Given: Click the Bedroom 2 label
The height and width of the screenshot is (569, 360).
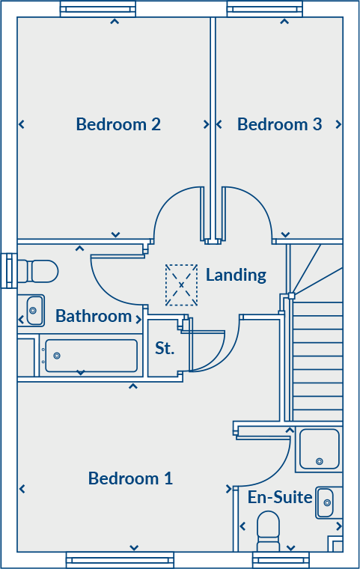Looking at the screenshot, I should click(118, 124).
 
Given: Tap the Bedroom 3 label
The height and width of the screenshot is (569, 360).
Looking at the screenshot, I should click(279, 124).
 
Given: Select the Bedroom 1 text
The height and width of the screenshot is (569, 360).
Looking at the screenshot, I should click(130, 478).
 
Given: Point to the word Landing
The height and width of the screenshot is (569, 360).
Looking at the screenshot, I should click(236, 275).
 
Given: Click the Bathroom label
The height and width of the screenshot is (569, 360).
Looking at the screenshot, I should click(94, 316).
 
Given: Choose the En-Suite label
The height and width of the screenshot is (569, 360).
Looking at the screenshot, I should click(280, 497).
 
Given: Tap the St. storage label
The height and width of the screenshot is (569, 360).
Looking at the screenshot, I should click(165, 348).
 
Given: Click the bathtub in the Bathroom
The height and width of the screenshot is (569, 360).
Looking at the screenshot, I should click(91, 356).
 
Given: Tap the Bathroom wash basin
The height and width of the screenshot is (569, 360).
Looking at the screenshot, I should click(34, 310).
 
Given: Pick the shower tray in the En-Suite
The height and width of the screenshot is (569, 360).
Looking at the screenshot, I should click(320, 448).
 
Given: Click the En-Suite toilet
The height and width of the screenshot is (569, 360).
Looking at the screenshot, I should click(269, 529).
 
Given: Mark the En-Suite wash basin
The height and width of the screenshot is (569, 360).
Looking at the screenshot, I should click(325, 502).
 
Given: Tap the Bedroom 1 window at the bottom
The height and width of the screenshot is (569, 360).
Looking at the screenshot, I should click(120, 559).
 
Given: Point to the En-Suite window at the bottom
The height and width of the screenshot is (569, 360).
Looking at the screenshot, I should click(281, 559).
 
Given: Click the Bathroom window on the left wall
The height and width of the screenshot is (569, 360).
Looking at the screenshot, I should click(8, 270).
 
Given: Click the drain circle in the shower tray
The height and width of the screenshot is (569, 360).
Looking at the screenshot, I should click(320, 462).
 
